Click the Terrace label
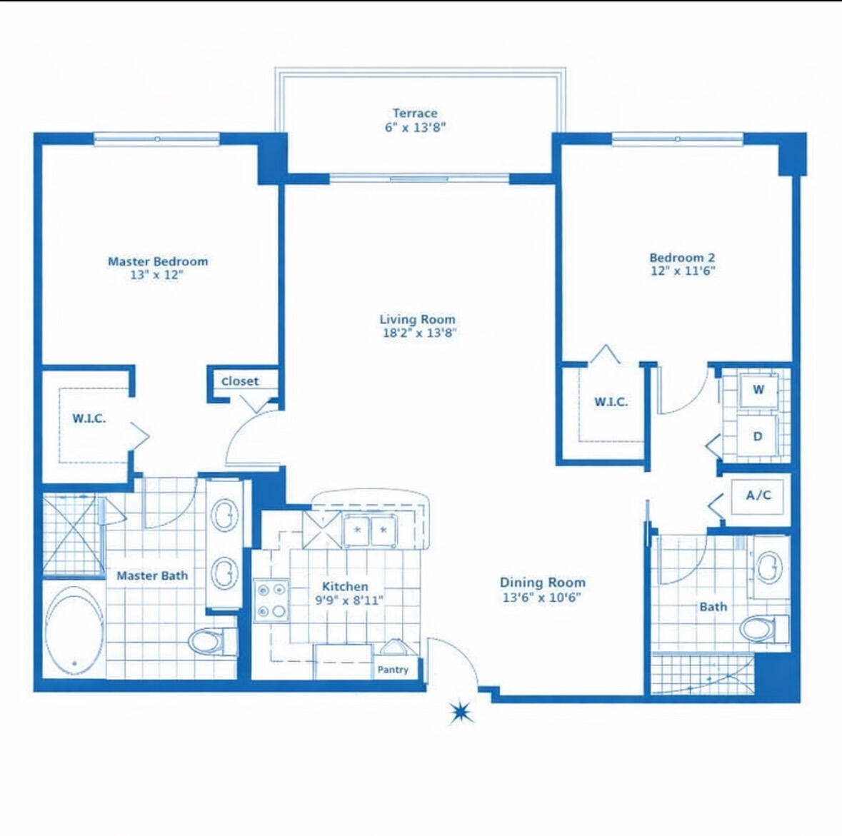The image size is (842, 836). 415,113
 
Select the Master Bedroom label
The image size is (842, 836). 158,261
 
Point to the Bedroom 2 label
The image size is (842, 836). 682,258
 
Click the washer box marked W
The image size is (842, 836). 758,390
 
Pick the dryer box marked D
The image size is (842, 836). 758,435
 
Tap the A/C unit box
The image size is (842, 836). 758,495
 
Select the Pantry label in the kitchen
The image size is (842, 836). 393,670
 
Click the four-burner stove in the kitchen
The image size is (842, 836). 272,600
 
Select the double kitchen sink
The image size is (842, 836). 370,530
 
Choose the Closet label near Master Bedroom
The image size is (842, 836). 240,381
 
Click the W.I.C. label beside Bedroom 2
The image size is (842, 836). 611,402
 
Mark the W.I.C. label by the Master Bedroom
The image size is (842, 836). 89,418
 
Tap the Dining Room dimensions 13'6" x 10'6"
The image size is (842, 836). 542,597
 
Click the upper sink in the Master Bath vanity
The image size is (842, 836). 224,514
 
